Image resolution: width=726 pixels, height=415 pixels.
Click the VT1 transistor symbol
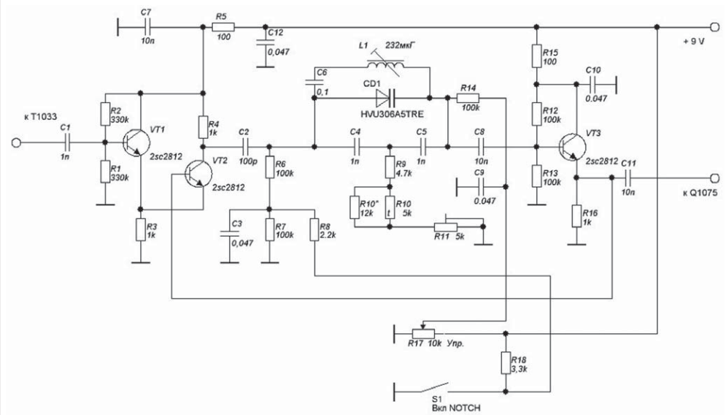(136, 142)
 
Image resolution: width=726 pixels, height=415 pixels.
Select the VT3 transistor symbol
(572, 147)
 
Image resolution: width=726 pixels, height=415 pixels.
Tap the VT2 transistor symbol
(198, 174)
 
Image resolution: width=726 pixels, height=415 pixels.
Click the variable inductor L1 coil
(386, 64)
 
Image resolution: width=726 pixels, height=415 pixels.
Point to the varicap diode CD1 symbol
(385, 98)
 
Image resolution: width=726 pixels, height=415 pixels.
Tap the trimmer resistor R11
(445, 226)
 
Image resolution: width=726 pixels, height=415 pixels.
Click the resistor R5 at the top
(223, 27)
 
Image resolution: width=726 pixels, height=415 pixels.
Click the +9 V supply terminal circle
(714, 27)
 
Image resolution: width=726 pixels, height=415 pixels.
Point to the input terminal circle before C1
(16, 142)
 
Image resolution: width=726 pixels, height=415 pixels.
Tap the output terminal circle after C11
(714, 178)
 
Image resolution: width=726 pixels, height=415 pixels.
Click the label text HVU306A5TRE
(392, 114)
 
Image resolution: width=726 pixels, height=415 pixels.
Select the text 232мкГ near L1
(401, 46)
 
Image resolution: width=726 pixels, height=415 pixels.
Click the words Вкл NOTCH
(456, 408)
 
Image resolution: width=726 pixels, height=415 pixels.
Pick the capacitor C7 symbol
(147, 27)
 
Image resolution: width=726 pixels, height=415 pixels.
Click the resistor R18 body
(506, 362)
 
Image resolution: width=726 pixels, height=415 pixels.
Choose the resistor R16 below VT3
(576, 216)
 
